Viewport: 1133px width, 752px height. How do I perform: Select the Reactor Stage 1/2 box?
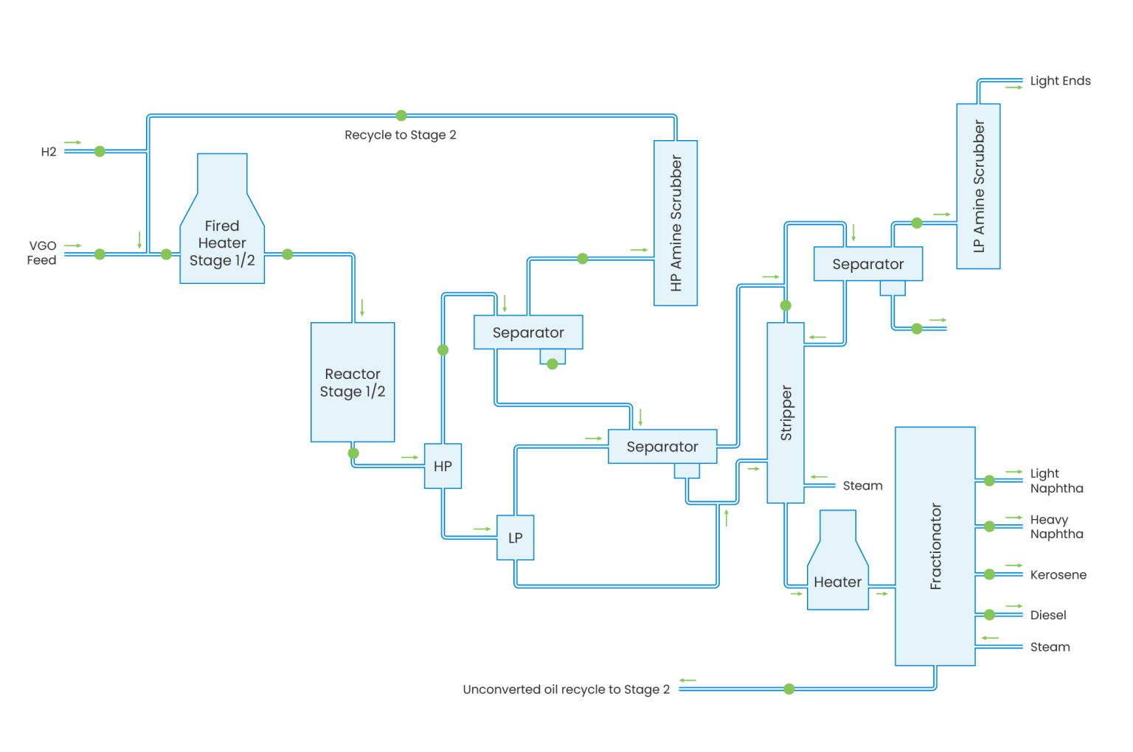tap(353, 383)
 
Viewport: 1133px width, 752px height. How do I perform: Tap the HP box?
tap(443, 466)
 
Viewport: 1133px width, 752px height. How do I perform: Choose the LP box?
tap(515, 538)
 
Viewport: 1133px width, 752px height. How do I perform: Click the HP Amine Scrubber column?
tap(676, 223)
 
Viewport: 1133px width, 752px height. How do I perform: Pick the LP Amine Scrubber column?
tap(978, 186)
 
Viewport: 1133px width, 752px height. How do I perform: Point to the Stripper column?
tap(786, 413)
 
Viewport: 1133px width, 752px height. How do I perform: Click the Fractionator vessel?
tap(935, 546)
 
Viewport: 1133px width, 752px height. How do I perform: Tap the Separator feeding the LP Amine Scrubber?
tap(867, 264)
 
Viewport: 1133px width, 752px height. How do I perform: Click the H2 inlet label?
tap(49, 152)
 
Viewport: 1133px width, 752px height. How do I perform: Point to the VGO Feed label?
tap(42, 253)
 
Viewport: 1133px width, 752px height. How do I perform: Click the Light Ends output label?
tap(1060, 81)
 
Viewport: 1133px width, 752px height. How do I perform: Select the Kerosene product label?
tap(1058, 575)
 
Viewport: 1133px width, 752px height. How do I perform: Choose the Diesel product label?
tap(1048, 615)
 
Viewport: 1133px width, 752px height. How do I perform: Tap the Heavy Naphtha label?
tap(1056, 527)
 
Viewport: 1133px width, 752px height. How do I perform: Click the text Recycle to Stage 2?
tap(401, 136)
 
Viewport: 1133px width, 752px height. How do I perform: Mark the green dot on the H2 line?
tap(100, 151)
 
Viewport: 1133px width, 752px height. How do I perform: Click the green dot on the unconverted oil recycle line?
tap(789, 689)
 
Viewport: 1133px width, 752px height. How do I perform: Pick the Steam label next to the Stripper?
tap(862, 487)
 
